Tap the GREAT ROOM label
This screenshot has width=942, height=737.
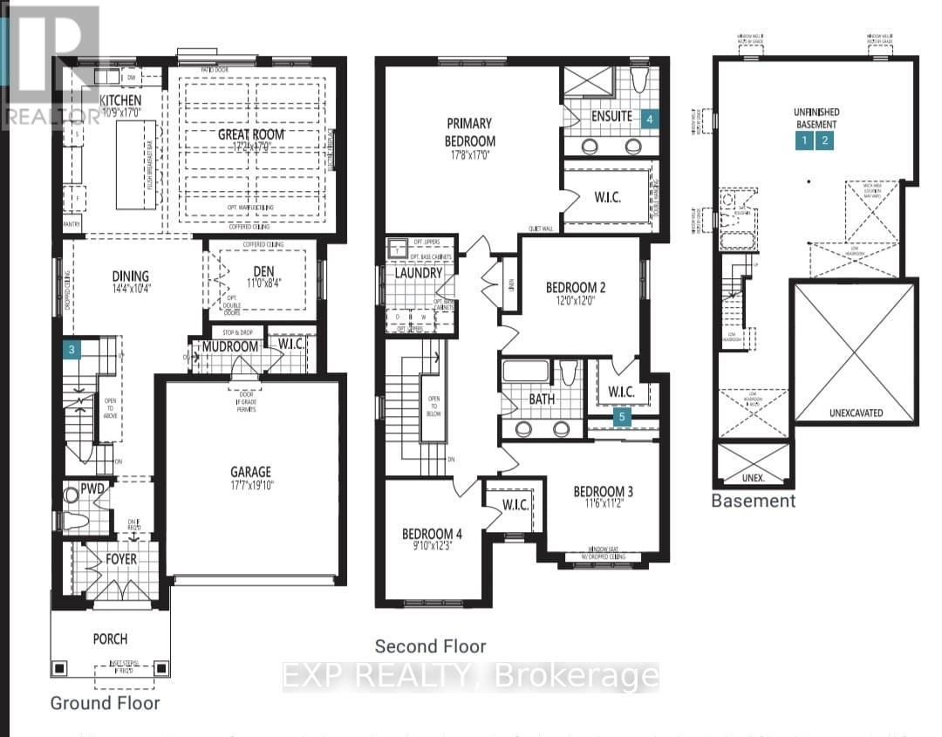(251, 134)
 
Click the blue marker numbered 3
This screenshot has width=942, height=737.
(74, 350)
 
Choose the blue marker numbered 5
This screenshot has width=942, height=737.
(622, 418)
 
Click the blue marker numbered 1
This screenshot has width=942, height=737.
(804, 140)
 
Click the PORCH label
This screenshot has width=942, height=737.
(111, 638)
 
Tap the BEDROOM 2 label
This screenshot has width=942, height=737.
(576, 288)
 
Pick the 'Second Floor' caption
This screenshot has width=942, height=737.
(430, 646)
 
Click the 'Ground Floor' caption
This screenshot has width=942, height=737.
(105, 702)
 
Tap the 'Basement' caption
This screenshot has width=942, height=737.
(753, 501)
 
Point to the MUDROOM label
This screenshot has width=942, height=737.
(230, 347)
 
